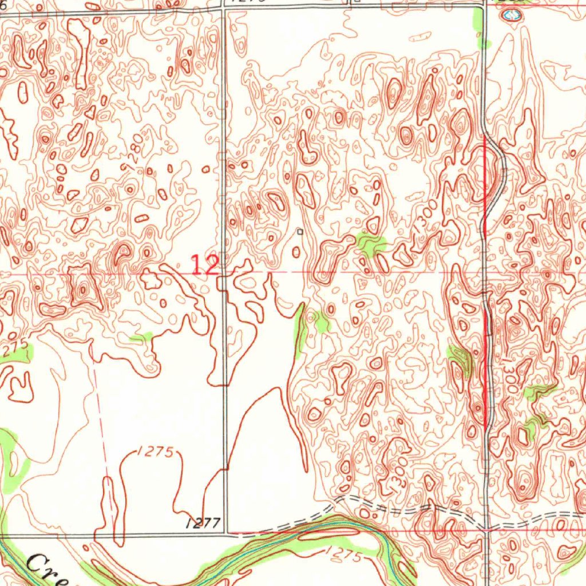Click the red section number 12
point(204,266)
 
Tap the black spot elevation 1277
point(203,522)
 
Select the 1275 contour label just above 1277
point(155,452)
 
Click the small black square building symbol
point(299,232)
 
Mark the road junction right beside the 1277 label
point(226,533)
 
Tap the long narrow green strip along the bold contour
point(299,332)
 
